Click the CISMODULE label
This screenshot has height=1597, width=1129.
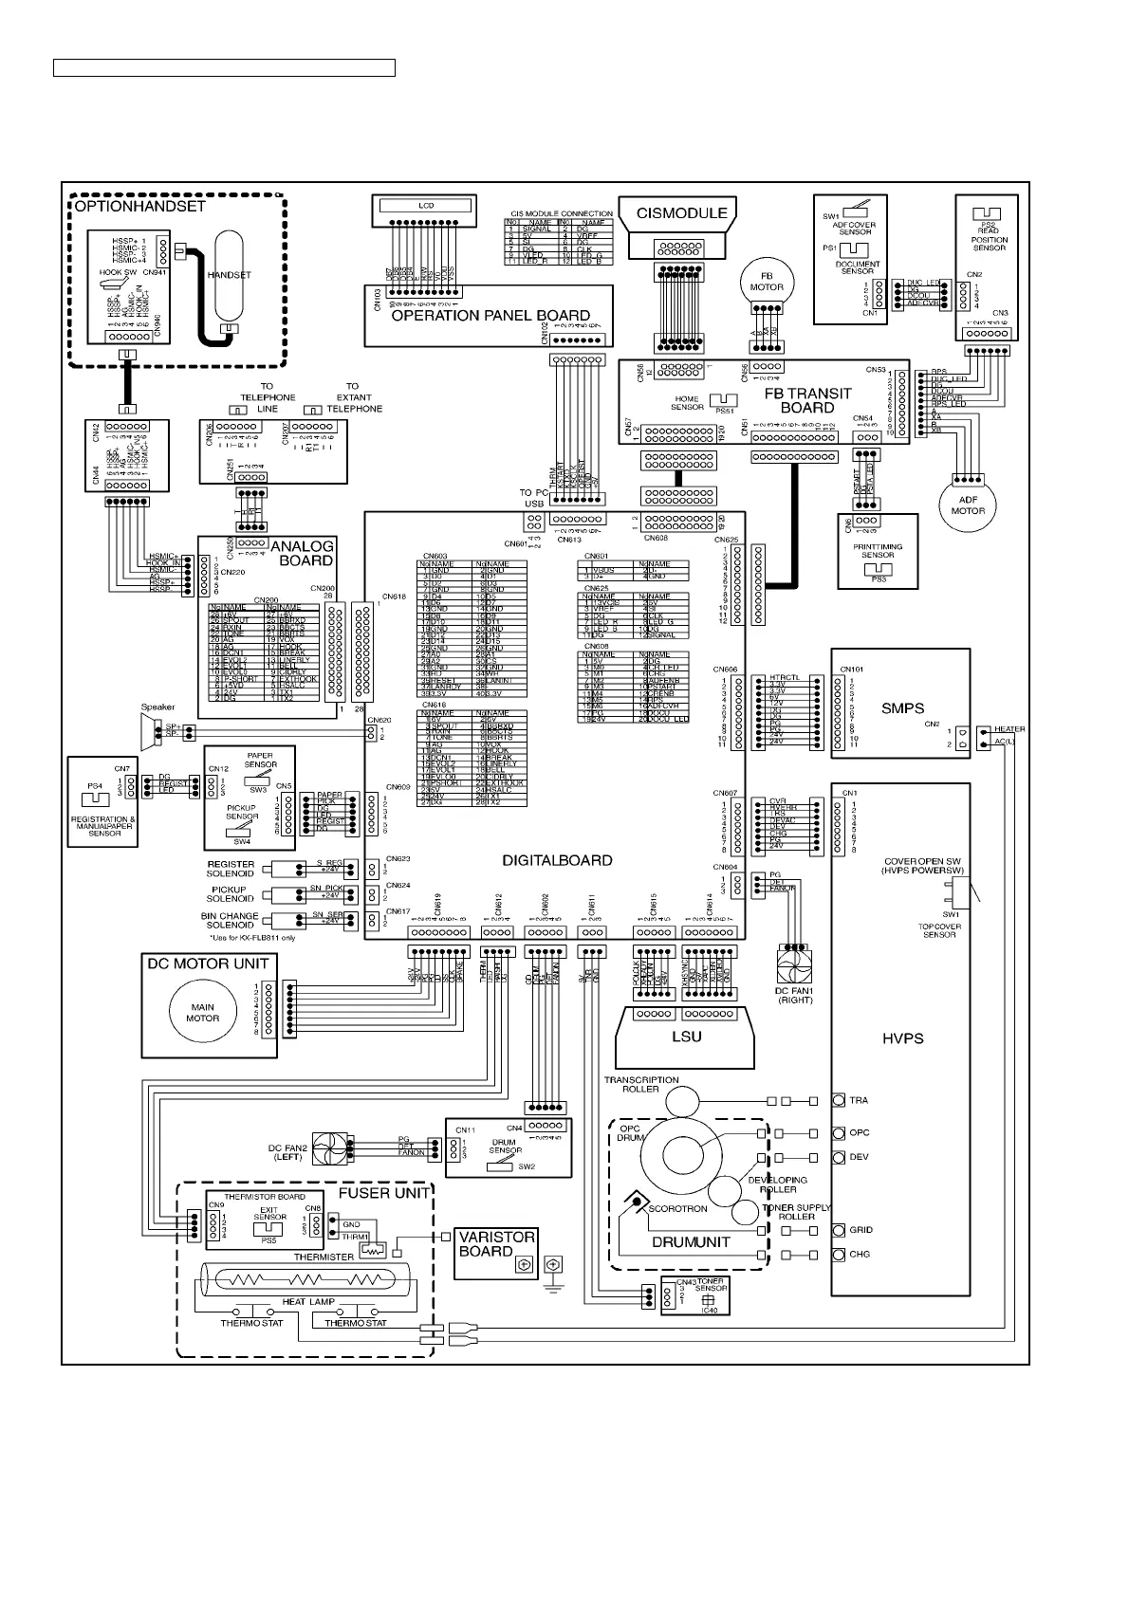coord(682,213)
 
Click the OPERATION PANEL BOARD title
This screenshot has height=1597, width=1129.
coord(490,316)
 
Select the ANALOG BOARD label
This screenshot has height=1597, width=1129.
coord(302,553)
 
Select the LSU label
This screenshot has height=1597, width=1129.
coord(686,1036)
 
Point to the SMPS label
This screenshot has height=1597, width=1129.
coord(901,707)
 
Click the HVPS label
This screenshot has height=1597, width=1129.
coord(901,1038)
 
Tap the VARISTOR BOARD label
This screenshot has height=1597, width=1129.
coord(497,1244)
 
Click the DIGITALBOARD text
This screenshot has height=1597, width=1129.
coord(557,861)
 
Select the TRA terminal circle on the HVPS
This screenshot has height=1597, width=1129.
coord(839,1100)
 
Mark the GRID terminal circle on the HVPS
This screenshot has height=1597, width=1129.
coord(839,1230)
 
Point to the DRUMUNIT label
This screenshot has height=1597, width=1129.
coord(691,1241)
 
